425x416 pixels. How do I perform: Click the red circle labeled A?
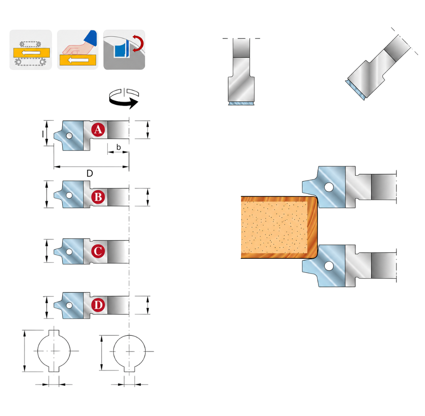click(x=98, y=129)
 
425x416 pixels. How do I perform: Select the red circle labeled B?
click(x=98, y=197)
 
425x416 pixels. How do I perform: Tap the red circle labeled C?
click(x=98, y=251)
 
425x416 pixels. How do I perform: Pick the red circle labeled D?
click(x=98, y=305)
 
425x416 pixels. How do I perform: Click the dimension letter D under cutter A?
click(x=90, y=173)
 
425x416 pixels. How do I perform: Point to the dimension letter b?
click(x=119, y=147)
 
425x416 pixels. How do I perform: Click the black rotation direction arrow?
click(x=123, y=99)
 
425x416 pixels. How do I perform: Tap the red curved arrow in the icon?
click(x=138, y=43)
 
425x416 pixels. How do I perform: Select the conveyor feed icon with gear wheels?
click(x=30, y=50)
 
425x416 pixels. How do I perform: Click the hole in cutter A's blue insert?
click(x=69, y=135)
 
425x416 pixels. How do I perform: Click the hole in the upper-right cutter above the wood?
click(x=329, y=187)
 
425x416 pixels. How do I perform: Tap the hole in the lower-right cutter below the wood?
click(x=329, y=266)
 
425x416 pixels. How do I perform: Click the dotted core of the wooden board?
click(x=274, y=227)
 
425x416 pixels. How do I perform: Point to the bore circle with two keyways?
click(x=54, y=351)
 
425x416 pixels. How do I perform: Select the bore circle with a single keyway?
click(x=129, y=352)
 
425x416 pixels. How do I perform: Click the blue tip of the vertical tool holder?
click(x=241, y=103)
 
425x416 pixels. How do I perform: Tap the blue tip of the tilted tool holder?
click(x=355, y=90)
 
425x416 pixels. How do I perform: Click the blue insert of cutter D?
click(x=71, y=305)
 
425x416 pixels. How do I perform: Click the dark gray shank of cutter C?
click(x=118, y=251)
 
